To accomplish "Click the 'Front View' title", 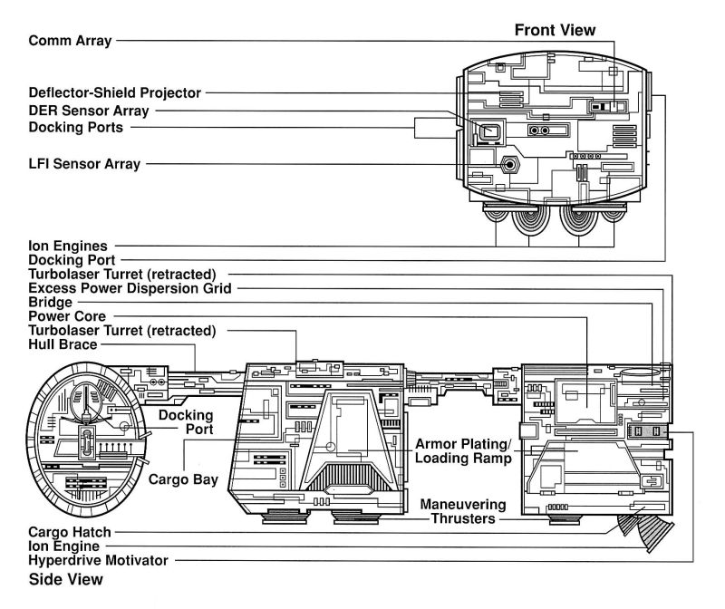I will (555, 30).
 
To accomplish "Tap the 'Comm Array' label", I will (70, 41).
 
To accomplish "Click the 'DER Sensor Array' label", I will (89, 111).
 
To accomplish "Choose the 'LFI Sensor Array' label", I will (84, 165).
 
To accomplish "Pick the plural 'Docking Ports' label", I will (75, 128).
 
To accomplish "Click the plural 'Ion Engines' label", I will (69, 245).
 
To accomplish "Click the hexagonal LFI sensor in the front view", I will (511, 165).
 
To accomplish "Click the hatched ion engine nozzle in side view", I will (651, 535).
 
